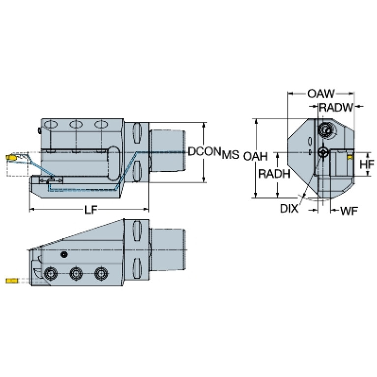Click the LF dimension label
(x=90, y=210)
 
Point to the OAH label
(x=255, y=156)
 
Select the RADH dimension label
(x=273, y=174)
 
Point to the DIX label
(x=289, y=209)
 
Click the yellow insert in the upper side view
(x=10, y=158)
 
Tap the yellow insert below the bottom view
(x=11, y=281)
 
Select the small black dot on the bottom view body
(x=63, y=254)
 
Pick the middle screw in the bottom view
(x=75, y=273)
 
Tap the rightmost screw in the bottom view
(x=101, y=273)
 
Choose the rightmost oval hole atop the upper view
(x=102, y=124)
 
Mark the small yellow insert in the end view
(x=349, y=157)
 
